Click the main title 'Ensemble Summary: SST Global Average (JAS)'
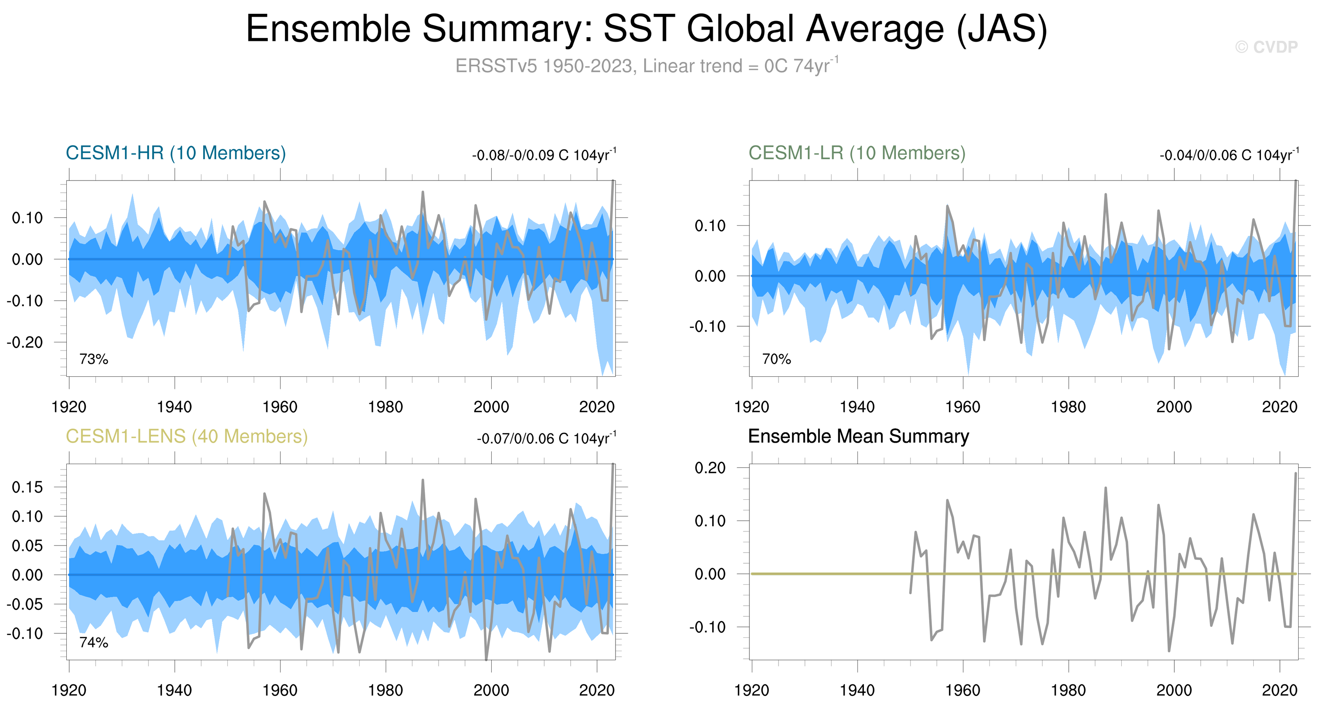pos(647,29)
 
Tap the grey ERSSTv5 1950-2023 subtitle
pos(647,66)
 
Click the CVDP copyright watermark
pos(1266,47)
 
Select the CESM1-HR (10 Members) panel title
pos(176,153)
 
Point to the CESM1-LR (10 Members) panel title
pos(857,153)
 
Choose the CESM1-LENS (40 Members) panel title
pos(187,436)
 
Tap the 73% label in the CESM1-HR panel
pos(93,359)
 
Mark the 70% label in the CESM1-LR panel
pos(776,359)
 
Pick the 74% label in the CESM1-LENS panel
pos(93,643)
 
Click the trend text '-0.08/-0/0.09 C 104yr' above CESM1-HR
pos(544,155)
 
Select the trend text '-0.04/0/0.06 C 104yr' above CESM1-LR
pos(1229,155)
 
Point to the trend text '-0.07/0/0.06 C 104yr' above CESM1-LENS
pos(546,438)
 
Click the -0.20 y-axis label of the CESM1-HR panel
pos(25,342)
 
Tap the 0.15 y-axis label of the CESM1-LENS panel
pos(27,487)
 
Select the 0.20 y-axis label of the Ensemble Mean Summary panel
pos(710,467)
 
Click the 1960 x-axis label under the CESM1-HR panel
pos(280,407)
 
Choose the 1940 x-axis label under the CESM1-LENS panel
pos(174,690)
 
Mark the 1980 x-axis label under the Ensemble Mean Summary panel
pos(1068,690)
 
